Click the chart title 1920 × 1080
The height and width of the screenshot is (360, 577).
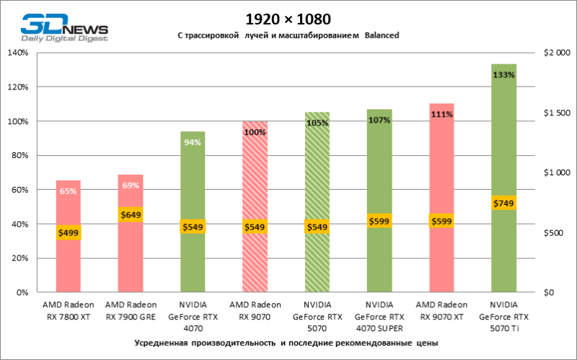[x=288, y=18]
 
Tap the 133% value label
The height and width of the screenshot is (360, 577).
[x=503, y=74]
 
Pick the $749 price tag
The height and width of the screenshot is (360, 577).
[x=503, y=204]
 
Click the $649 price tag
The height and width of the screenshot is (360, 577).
[x=131, y=214]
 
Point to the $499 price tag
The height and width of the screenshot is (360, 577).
[x=69, y=232]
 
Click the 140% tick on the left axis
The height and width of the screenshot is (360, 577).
[x=17, y=53]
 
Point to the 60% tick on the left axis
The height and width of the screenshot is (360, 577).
[x=19, y=190]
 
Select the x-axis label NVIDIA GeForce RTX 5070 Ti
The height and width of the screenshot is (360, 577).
[x=503, y=315]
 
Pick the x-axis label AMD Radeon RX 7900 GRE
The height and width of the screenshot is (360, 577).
[x=131, y=309]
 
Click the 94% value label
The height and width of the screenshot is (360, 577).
[x=193, y=142]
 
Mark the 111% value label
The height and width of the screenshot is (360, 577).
[x=441, y=114]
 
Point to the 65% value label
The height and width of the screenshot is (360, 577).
[x=69, y=191]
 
